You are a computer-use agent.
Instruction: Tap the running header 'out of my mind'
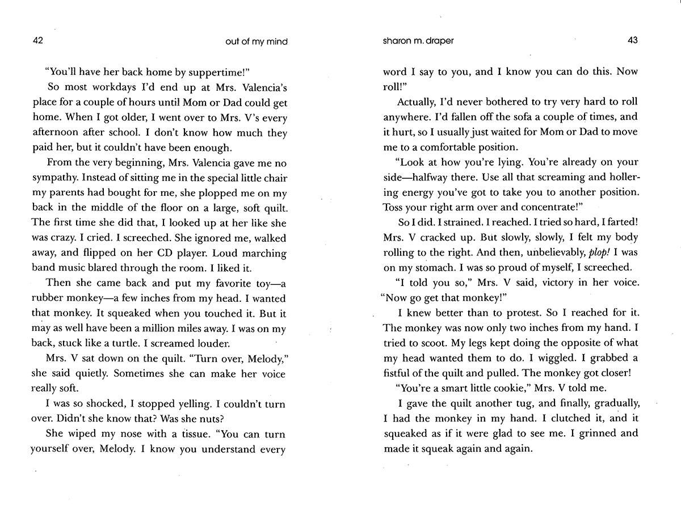pyautogui.click(x=257, y=41)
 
